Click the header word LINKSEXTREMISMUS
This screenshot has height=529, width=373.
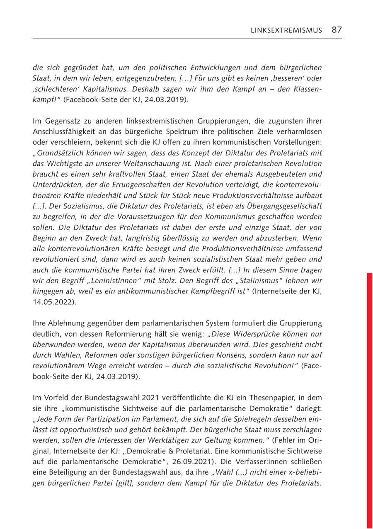point(286,30)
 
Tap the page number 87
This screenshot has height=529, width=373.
point(337,29)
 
